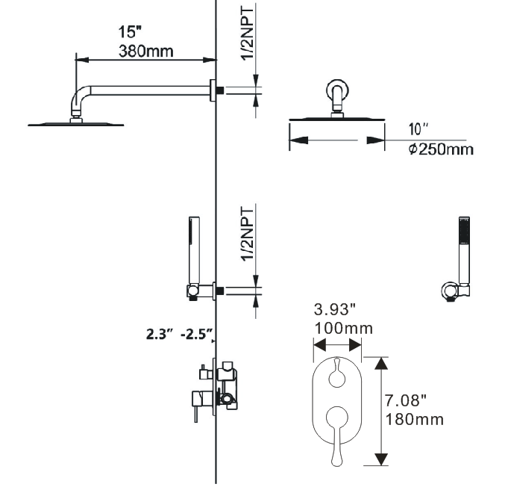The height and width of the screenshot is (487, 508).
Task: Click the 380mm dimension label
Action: click(x=146, y=52)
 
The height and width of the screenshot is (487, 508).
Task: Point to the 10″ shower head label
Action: click(x=418, y=129)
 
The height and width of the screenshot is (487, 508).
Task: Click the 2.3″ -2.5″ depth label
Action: click(x=180, y=333)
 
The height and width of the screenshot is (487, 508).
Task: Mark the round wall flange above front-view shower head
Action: click(x=336, y=92)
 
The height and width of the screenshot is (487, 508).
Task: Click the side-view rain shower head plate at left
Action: click(x=74, y=124)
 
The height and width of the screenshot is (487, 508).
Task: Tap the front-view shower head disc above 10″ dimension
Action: click(x=336, y=120)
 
